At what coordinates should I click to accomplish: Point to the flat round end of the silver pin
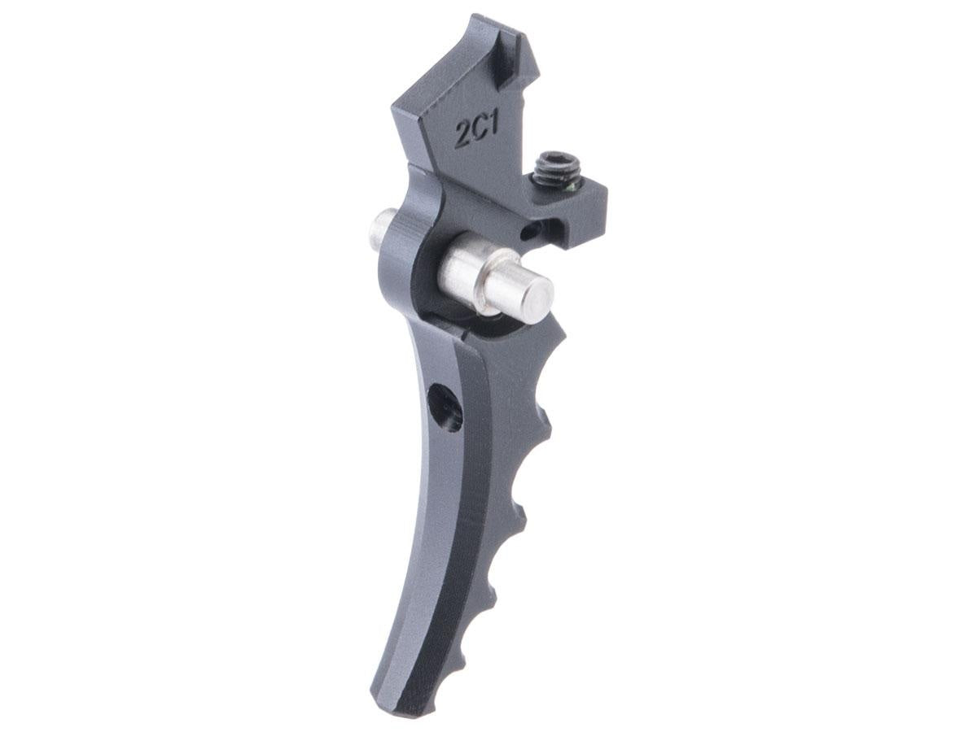pyautogui.click(x=537, y=293)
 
